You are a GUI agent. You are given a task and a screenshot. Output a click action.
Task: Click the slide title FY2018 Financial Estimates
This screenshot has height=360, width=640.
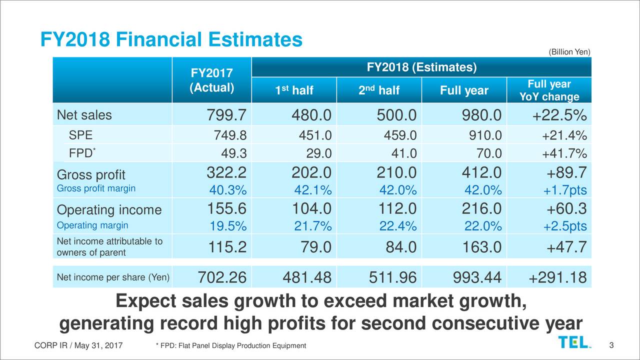tap(171, 40)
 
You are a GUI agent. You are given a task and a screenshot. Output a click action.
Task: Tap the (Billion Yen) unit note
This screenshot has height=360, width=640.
tap(569, 52)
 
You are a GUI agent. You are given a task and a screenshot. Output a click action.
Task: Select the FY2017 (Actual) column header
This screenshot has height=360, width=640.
tap(211, 80)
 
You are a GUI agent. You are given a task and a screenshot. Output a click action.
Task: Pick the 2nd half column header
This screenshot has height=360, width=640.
tap(378, 90)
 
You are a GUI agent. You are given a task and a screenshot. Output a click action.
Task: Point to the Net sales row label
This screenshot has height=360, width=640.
tap(84, 116)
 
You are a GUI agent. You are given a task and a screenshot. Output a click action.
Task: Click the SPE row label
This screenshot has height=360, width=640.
tap(80, 135)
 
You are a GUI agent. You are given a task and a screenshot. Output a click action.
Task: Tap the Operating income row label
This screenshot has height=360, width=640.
tap(109, 210)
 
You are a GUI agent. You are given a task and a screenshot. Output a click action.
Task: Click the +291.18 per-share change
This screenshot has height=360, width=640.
tap(557, 276)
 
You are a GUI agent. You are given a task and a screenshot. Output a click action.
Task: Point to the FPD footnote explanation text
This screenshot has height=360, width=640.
tap(230, 346)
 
